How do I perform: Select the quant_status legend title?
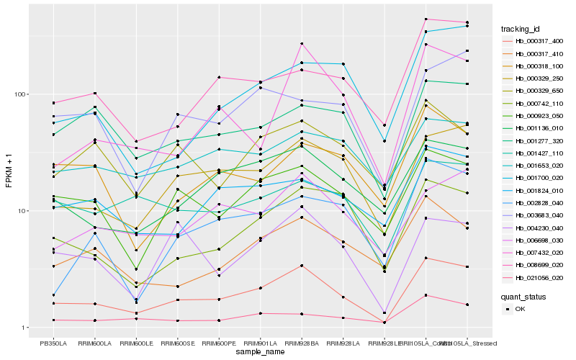523,296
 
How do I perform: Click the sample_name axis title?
260,352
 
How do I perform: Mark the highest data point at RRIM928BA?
302,44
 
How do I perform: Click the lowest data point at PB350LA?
53,320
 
